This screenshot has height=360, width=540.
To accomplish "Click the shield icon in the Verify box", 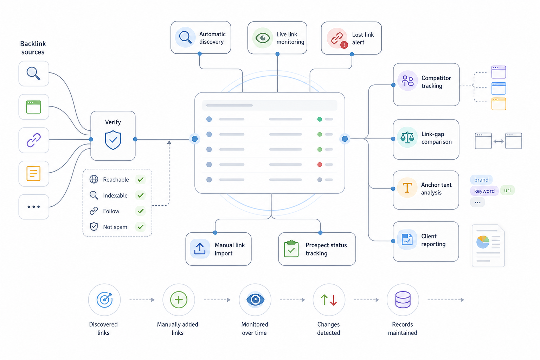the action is pyautogui.click(x=113, y=140).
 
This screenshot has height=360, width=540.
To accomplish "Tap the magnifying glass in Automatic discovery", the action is pyautogui.click(x=185, y=37).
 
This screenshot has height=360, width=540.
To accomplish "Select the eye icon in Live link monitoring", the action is pyautogui.click(x=263, y=38).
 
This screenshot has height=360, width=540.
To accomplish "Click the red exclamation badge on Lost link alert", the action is pyautogui.click(x=344, y=45).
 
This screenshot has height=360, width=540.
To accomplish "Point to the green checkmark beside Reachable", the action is pyautogui.click(x=141, y=179).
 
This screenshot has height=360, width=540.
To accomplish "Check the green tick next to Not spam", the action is pyautogui.click(x=141, y=227).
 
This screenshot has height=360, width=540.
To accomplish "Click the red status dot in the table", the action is pyautogui.click(x=320, y=165).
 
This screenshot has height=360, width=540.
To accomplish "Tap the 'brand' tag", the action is pyautogui.click(x=481, y=180).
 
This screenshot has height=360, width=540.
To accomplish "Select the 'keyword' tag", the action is pyautogui.click(x=484, y=191).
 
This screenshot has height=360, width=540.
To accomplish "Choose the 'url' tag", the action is pyautogui.click(x=507, y=190).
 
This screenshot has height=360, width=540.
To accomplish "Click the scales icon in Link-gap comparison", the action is pyautogui.click(x=407, y=138).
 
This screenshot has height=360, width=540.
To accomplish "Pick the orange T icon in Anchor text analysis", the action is pyautogui.click(x=407, y=188).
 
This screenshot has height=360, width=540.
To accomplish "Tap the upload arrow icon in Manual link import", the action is pyautogui.click(x=200, y=249).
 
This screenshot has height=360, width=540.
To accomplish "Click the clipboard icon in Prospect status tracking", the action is pyautogui.click(x=291, y=249).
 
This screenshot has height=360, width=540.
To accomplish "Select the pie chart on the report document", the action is pyautogui.click(x=483, y=242).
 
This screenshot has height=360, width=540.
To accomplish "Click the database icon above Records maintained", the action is pyautogui.click(x=403, y=300).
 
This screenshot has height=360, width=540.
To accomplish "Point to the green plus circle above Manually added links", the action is pyautogui.click(x=179, y=300).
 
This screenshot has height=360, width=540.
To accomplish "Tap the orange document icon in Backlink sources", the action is pyautogui.click(x=33, y=173).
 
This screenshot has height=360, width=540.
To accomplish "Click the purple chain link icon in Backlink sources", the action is pyautogui.click(x=34, y=140).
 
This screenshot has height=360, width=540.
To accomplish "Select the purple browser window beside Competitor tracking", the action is pyautogui.click(x=499, y=72).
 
